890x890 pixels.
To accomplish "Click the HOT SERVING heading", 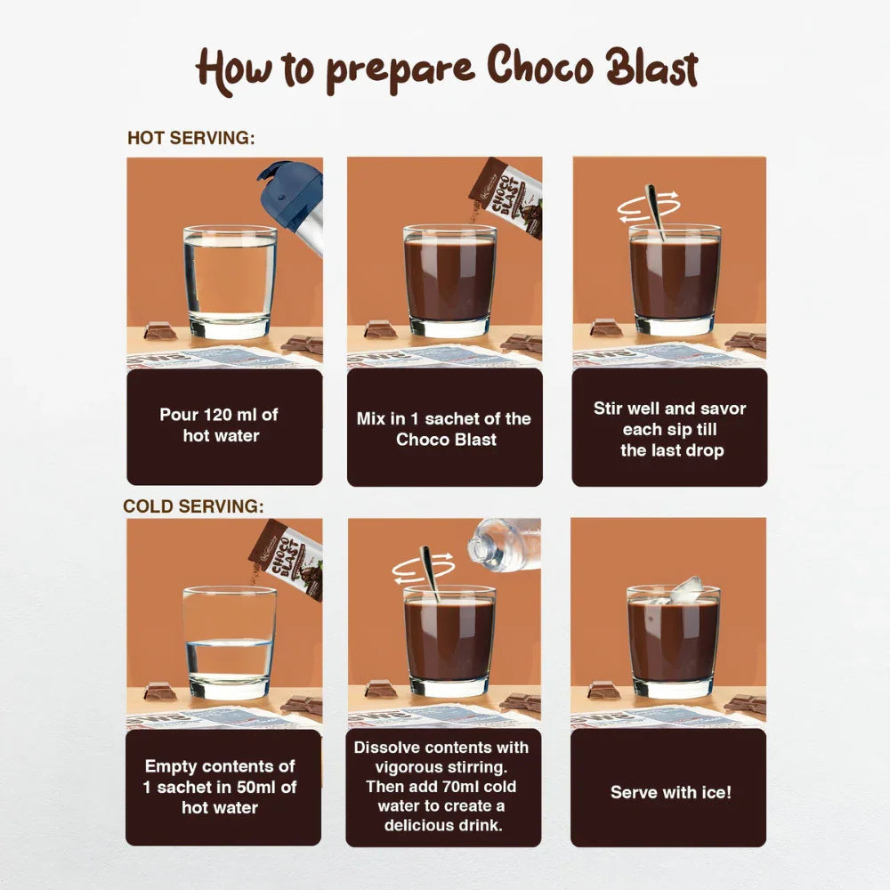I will point(191,139).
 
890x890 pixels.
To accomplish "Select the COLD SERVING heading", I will point(193,506).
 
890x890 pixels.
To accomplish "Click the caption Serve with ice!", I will point(670,791).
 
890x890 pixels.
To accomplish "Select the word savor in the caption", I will point(722,409).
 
